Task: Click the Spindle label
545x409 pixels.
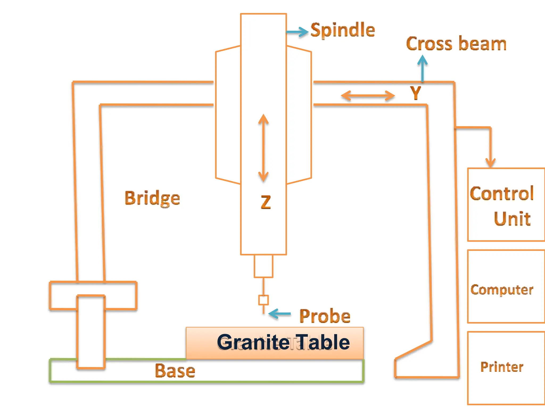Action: pos(343,30)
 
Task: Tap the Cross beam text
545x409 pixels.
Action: pos(456,44)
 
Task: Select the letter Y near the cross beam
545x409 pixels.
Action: pos(415,93)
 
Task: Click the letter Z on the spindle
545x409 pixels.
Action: pos(266,202)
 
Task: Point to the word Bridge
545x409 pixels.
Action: pos(152,198)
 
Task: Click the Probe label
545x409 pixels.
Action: pos(325,316)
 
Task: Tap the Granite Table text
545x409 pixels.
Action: pos(283,342)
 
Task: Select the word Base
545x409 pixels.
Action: pos(175,371)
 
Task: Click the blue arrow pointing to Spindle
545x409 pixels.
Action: pos(298,32)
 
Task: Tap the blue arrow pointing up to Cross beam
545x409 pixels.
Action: pos(422,68)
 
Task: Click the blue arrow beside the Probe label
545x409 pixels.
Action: pos(279,314)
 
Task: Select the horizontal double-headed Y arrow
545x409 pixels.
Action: pos(368,96)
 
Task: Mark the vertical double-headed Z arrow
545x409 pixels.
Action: pos(263,148)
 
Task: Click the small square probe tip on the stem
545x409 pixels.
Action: pos(263,300)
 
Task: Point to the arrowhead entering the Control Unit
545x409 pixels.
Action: pos(490,162)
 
